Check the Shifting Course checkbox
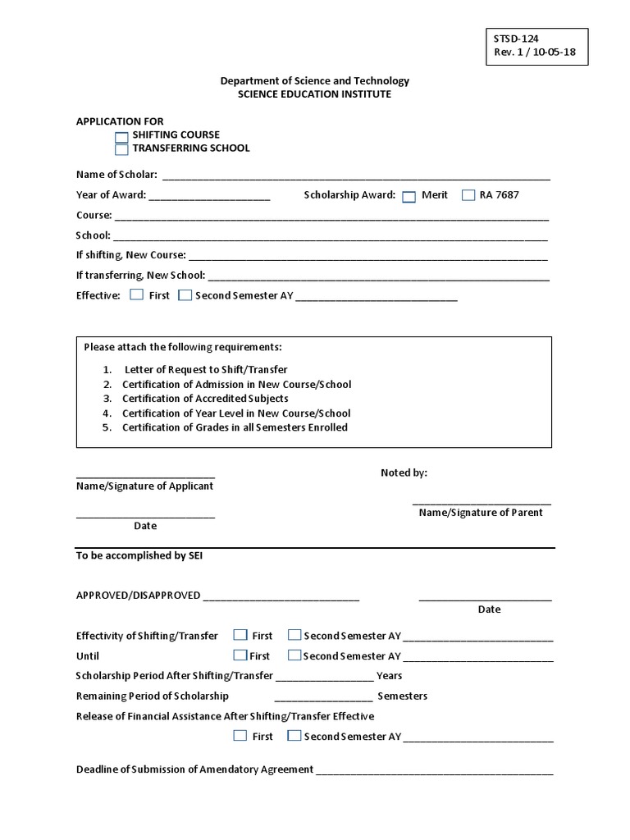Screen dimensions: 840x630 tap(121, 137)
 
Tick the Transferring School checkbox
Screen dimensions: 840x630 tap(121, 150)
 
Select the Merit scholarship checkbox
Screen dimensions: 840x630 tap(409, 196)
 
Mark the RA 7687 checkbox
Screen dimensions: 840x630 tap(468, 195)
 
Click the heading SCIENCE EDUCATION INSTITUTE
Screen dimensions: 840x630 tap(314, 94)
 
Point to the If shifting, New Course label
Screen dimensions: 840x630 tap(131, 255)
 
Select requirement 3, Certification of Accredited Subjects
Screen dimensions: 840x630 tap(205, 399)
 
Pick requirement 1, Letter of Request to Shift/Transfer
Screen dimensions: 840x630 tap(205, 370)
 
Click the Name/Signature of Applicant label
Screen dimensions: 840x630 tap(144, 486)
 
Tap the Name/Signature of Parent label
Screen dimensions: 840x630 tap(481, 513)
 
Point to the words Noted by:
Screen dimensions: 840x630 tap(404, 473)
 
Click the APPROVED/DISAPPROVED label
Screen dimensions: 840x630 tap(138, 596)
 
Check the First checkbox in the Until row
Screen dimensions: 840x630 tap(240, 655)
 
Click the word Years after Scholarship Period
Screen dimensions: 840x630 tap(389, 676)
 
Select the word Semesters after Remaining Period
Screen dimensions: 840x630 tap(402, 696)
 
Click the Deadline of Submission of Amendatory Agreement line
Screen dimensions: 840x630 tap(434, 772)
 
